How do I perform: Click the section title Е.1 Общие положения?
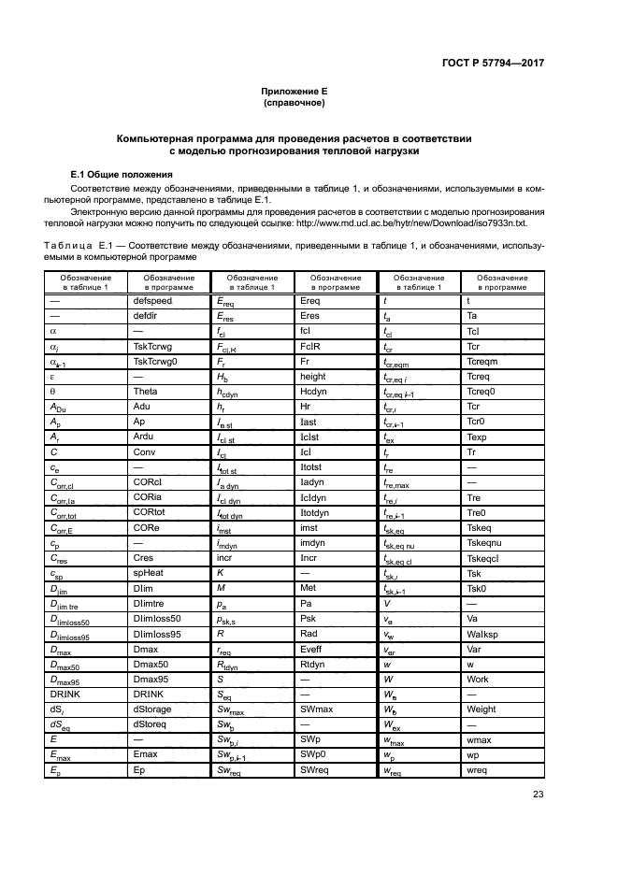[122, 174]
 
